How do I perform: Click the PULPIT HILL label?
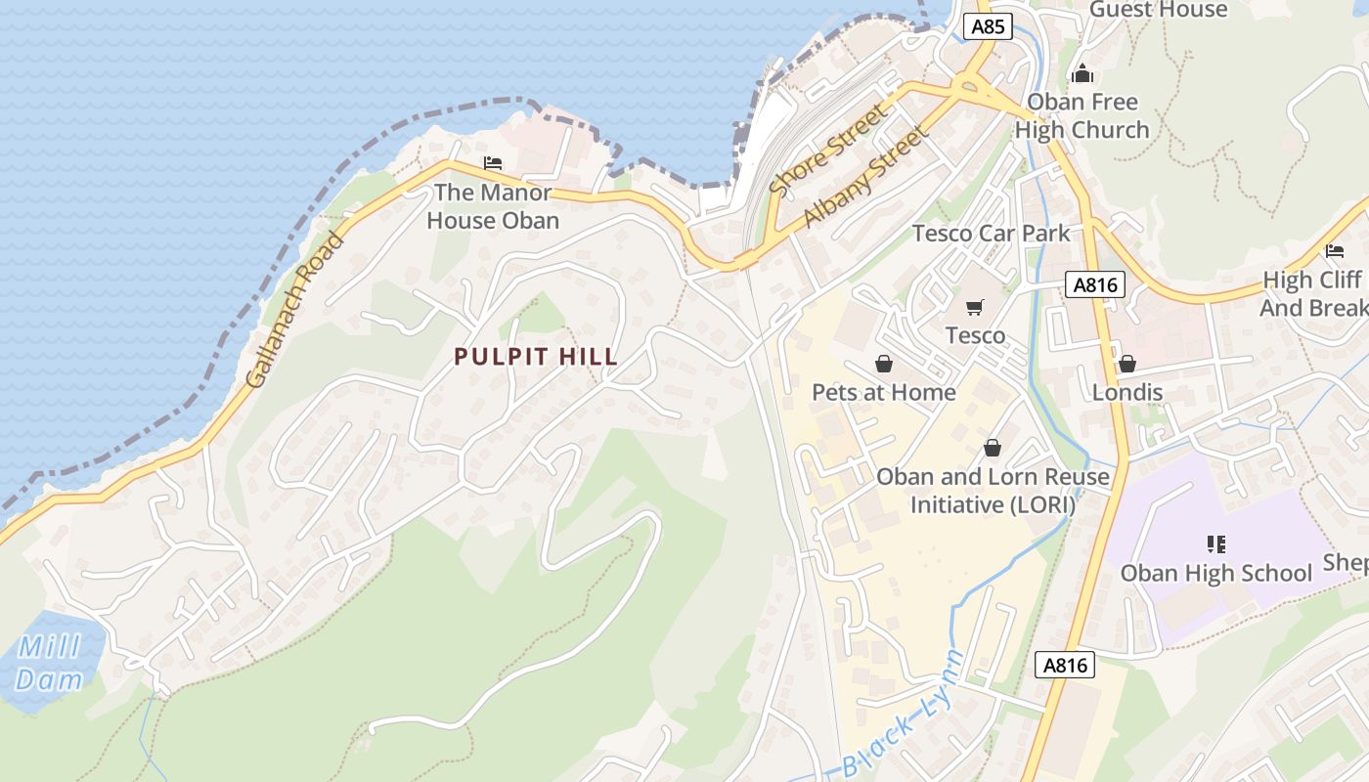click(536, 357)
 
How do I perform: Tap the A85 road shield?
click(988, 26)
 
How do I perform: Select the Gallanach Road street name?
click(295, 310)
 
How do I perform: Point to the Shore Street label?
click(829, 149)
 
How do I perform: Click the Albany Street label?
click(863, 177)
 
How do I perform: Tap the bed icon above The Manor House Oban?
click(493, 163)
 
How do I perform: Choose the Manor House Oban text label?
click(493, 206)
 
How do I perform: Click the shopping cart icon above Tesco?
click(974, 308)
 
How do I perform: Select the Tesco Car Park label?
click(991, 233)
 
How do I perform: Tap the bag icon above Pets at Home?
click(884, 364)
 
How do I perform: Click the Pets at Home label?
click(884, 392)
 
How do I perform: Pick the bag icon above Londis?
click(1126, 364)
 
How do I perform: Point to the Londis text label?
click(1126, 392)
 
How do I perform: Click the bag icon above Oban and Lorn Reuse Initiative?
click(993, 448)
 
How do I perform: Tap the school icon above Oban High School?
click(1215, 543)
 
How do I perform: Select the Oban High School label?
click(1215, 573)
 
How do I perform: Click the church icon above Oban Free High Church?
click(1082, 73)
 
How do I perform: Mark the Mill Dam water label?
click(49, 663)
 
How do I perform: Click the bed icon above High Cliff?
click(1335, 251)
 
